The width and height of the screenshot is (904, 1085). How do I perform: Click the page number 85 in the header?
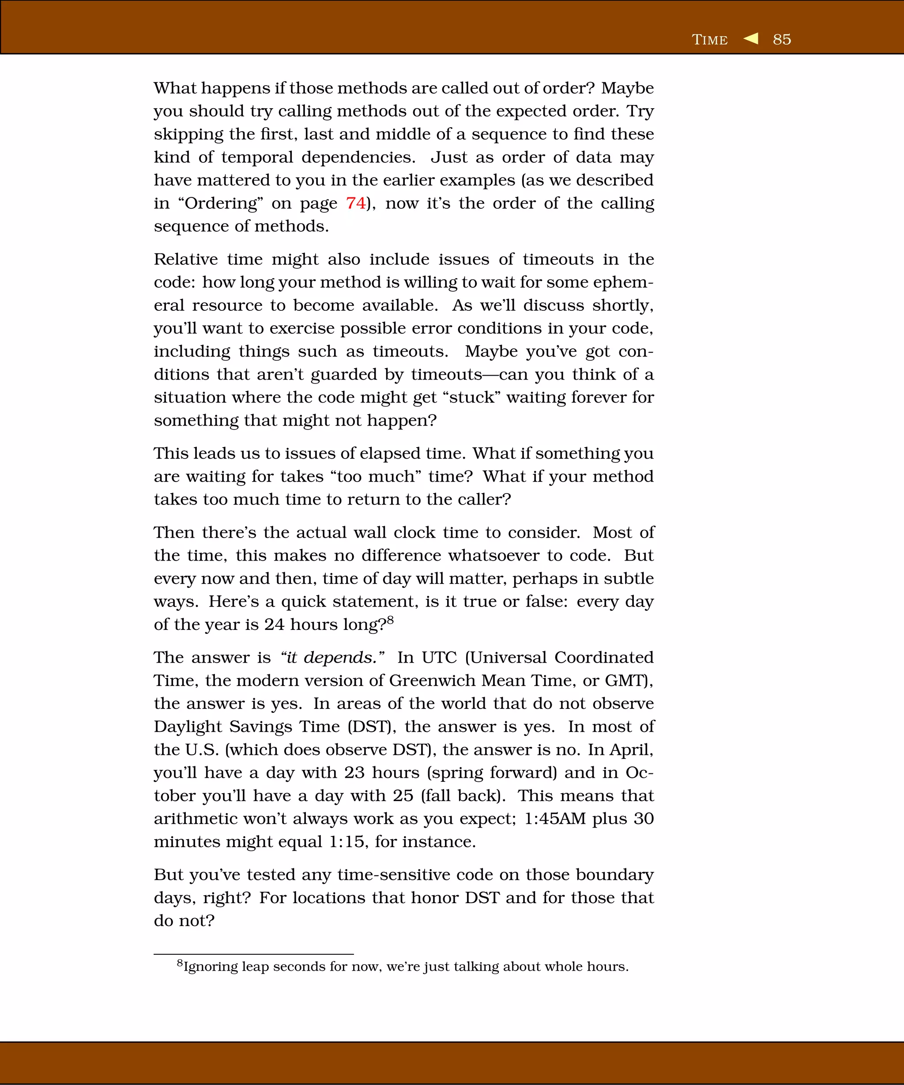click(x=782, y=40)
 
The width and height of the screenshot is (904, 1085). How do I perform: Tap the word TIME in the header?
click(x=709, y=40)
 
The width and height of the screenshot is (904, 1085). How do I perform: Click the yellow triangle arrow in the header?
click(x=751, y=38)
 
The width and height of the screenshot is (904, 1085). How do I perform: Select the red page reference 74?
click(x=356, y=203)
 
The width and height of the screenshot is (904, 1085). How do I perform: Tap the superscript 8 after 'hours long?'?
click(x=390, y=619)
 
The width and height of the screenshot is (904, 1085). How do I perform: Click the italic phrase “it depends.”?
click(x=331, y=657)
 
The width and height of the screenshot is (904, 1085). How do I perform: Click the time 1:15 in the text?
click(x=346, y=842)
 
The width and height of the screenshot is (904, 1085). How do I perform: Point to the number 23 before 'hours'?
click(x=354, y=772)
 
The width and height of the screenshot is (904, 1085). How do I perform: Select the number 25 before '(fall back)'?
click(x=403, y=796)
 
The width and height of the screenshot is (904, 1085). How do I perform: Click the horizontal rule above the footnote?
click(x=253, y=954)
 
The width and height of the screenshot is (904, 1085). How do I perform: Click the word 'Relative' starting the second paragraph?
click(x=186, y=260)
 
